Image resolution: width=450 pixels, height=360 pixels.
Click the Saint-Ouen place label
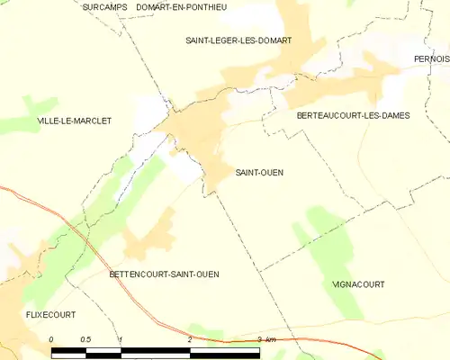click(259, 173)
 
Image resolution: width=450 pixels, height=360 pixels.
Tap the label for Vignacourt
click(359, 284)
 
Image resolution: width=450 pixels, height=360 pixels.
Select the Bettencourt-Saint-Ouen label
click(164, 274)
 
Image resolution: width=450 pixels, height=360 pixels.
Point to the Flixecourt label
click(50, 315)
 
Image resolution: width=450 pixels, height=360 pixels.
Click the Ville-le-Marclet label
click(74, 121)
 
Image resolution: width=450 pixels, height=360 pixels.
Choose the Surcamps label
click(103, 7)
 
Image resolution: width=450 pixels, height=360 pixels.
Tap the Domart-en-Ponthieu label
click(182, 7)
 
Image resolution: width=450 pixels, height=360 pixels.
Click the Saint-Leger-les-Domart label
click(238, 40)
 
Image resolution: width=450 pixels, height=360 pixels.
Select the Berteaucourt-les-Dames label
click(346, 116)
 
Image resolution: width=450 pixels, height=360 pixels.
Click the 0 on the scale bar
click(52, 339)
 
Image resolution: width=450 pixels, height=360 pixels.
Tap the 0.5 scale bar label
click(85, 339)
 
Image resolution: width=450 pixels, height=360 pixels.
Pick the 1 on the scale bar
click(121, 339)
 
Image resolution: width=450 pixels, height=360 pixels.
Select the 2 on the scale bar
click(190, 339)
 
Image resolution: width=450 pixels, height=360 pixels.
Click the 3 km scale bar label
click(265, 339)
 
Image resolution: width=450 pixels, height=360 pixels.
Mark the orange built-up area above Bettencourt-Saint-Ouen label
click(151, 238)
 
